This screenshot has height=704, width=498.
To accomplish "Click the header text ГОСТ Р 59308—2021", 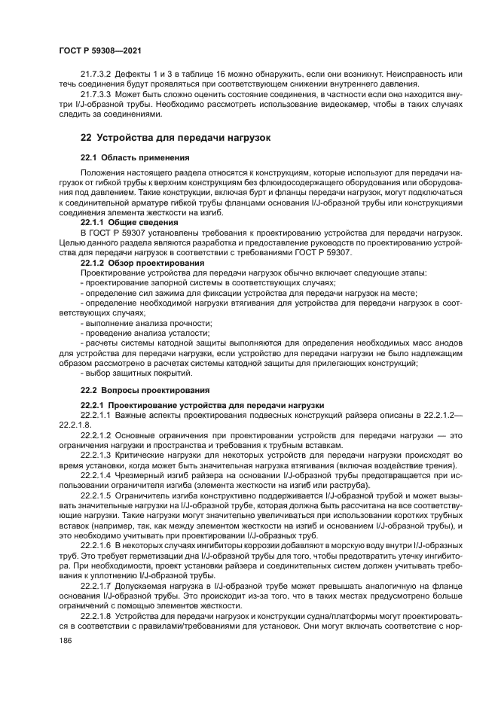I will [x=101, y=50].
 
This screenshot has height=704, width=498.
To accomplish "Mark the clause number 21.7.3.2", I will [x=96, y=75].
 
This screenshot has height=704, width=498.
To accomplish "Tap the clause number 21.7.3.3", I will [x=96, y=95].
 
